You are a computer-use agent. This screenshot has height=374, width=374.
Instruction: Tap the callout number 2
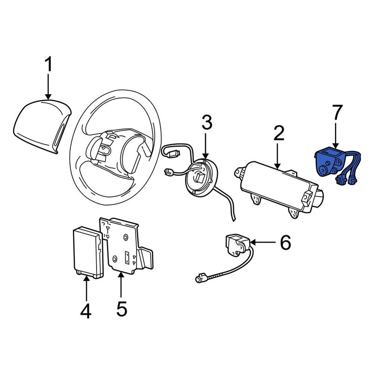tap(279, 134)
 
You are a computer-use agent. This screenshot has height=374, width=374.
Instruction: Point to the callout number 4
tap(86, 311)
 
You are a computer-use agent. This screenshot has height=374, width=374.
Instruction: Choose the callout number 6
tap(285, 243)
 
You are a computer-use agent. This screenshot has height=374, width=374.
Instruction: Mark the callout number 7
tap(337, 113)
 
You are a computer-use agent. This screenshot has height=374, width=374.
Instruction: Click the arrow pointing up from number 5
tap(121, 286)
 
